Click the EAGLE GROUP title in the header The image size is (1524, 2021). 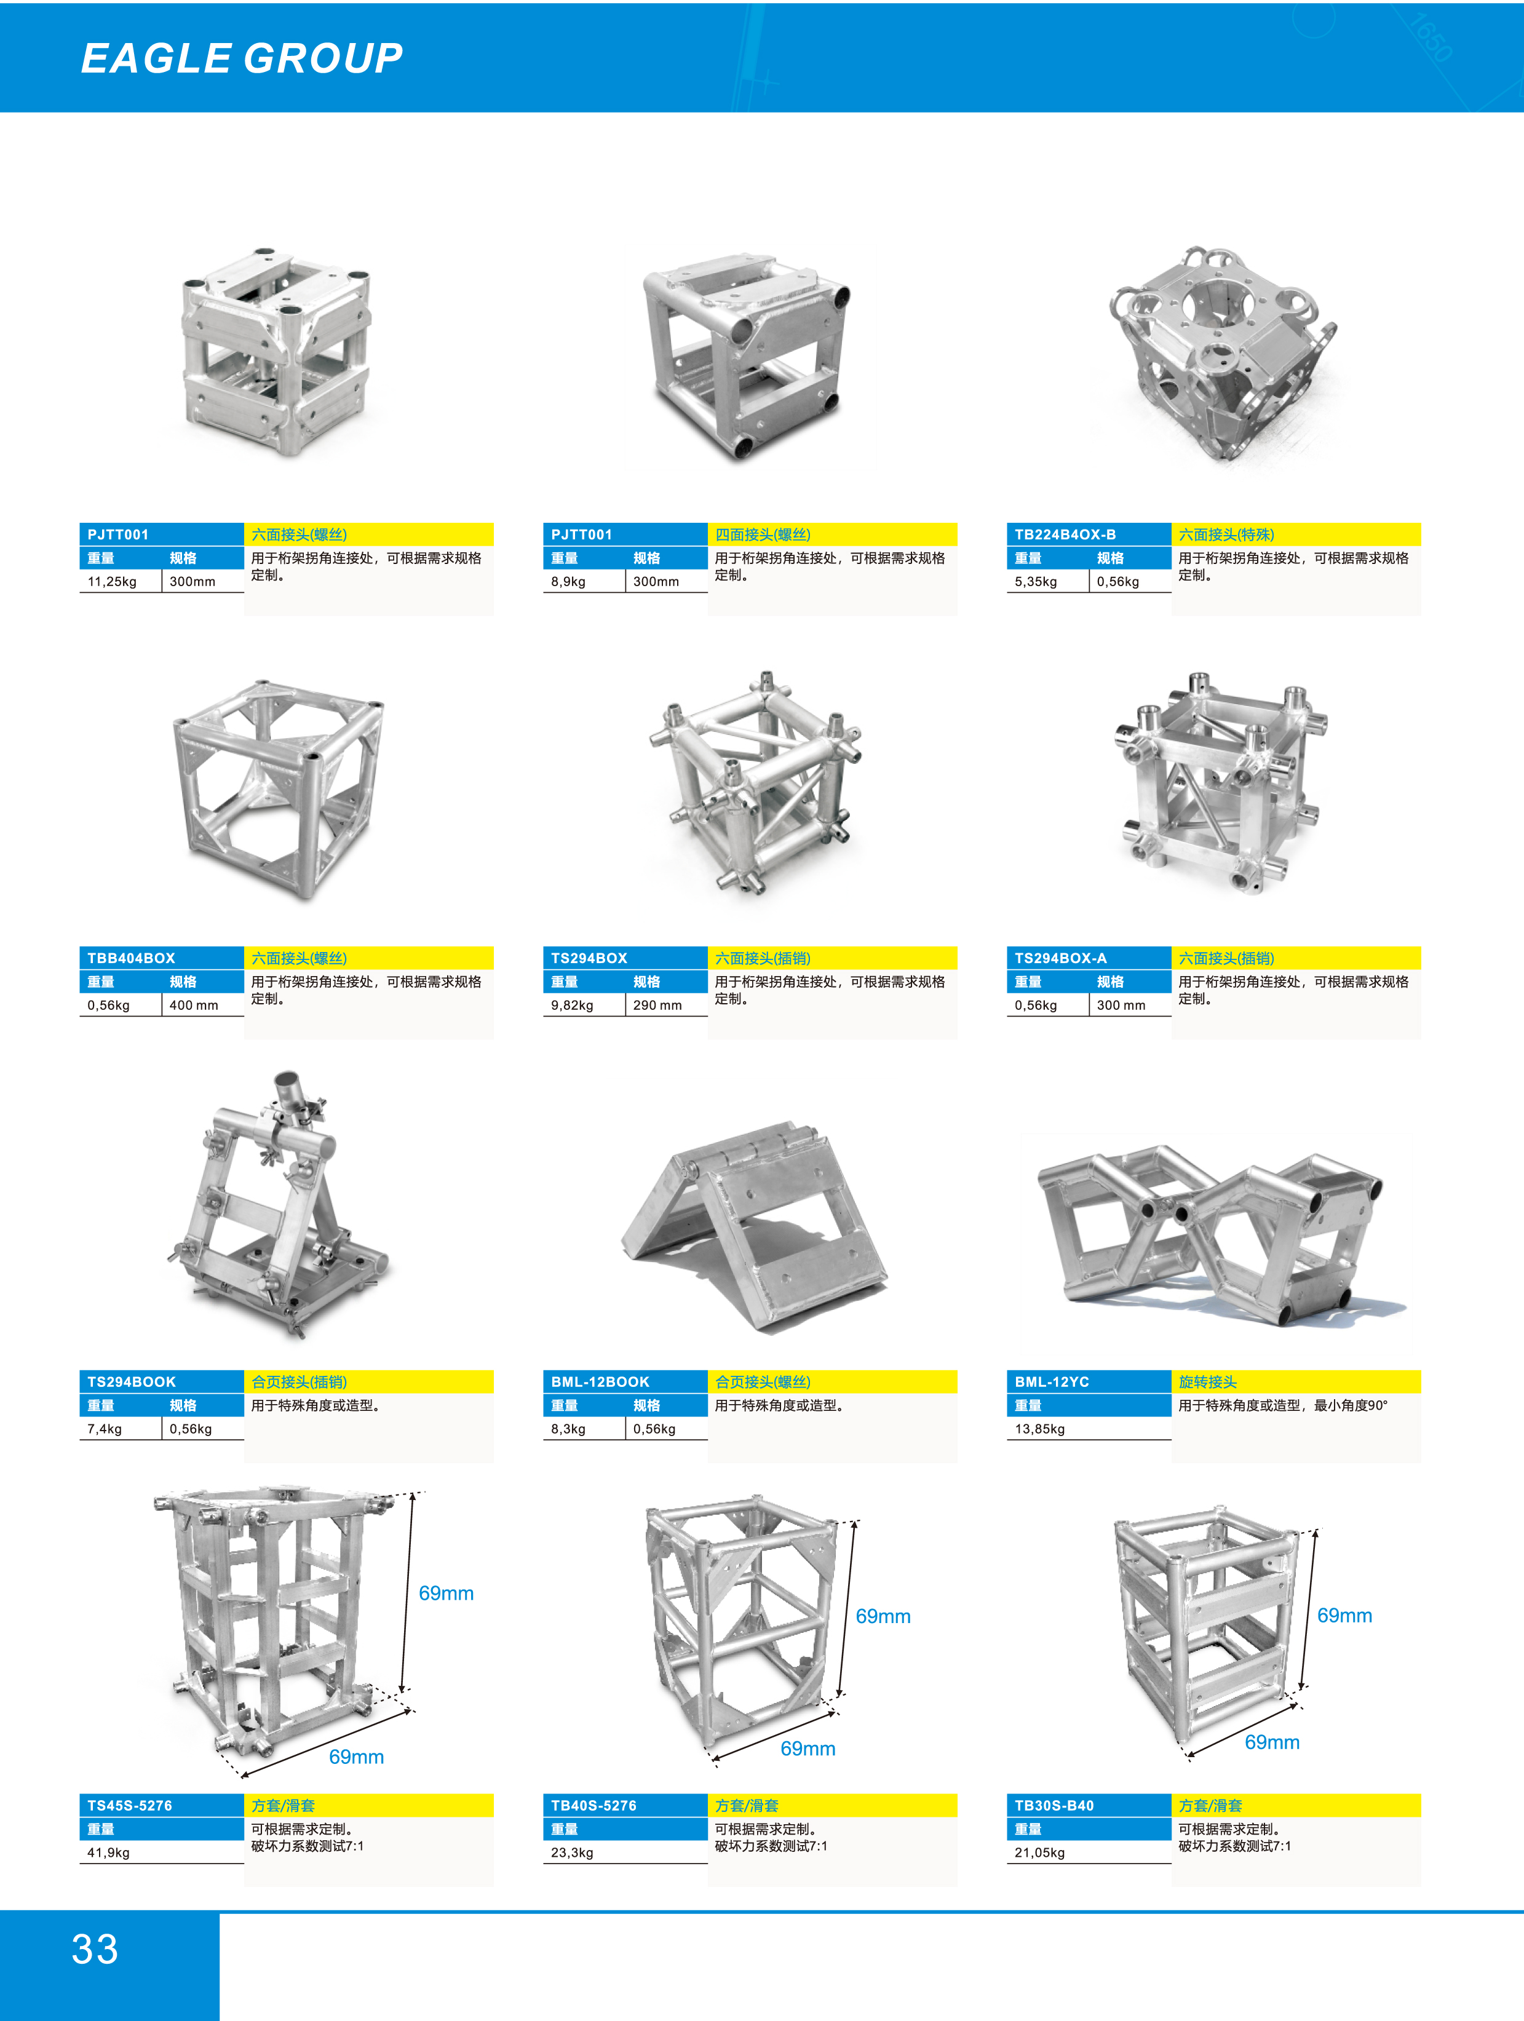pos(242,58)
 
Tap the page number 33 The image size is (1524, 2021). pos(95,1949)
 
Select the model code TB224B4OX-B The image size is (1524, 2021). pos(1065,534)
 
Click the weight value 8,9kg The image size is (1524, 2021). pos(568,582)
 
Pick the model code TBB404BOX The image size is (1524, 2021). pos(130,958)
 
